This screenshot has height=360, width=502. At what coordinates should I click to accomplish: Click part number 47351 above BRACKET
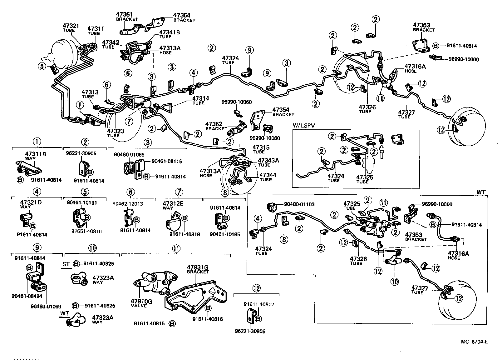point(124,14)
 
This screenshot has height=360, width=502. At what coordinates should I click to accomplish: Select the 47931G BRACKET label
point(198,269)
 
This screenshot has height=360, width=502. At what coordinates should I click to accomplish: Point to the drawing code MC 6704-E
point(474,342)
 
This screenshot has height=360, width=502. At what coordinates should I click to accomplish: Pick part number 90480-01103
point(299,204)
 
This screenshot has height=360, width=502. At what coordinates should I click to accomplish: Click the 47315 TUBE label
point(261,149)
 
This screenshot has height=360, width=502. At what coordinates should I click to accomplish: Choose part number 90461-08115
point(167,161)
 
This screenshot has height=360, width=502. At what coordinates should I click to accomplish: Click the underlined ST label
point(66,264)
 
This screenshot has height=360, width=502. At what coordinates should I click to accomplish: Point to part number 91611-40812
point(259,304)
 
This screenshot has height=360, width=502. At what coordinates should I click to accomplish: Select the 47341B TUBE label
point(170,34)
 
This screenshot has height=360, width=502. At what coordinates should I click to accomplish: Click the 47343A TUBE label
point(268,162)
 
